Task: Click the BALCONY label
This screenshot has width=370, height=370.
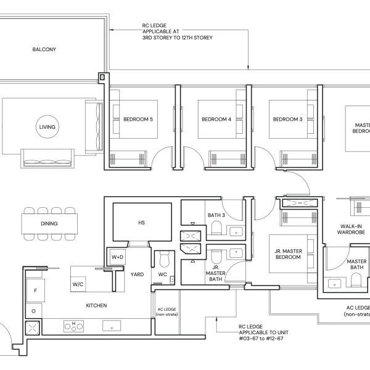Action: click(44, 49)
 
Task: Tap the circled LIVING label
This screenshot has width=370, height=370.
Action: click(47, 127)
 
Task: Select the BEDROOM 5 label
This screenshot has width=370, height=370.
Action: click(138, 119)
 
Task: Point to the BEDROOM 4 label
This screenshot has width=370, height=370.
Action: click(216, 119)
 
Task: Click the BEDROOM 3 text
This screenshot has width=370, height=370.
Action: click(287, 119)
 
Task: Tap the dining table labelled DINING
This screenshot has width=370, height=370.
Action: click(49, 224)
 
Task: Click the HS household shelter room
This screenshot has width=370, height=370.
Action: click(142, 222)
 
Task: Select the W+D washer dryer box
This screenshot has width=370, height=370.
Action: click(118, 257)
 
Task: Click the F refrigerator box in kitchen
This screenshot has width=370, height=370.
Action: click(36, 290)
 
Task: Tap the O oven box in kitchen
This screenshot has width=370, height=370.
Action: click(33, 311)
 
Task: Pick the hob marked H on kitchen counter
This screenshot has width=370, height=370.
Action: click(73, 326)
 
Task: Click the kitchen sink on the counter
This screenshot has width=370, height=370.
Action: click(112, 326)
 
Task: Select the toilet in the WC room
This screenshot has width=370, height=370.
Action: click(165, 259)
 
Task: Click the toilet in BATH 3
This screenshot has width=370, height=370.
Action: click(216, 228)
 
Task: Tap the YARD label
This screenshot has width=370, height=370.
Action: click(137, 274)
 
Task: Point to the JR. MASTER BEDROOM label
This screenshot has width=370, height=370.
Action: click(288, 254)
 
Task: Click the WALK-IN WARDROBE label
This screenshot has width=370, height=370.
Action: click(351, 229)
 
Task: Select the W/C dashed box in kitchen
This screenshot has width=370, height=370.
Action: click(78, 284)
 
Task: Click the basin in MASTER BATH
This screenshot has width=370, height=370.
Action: click(334, 284)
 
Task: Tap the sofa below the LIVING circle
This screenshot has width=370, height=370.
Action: click(47, 158)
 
